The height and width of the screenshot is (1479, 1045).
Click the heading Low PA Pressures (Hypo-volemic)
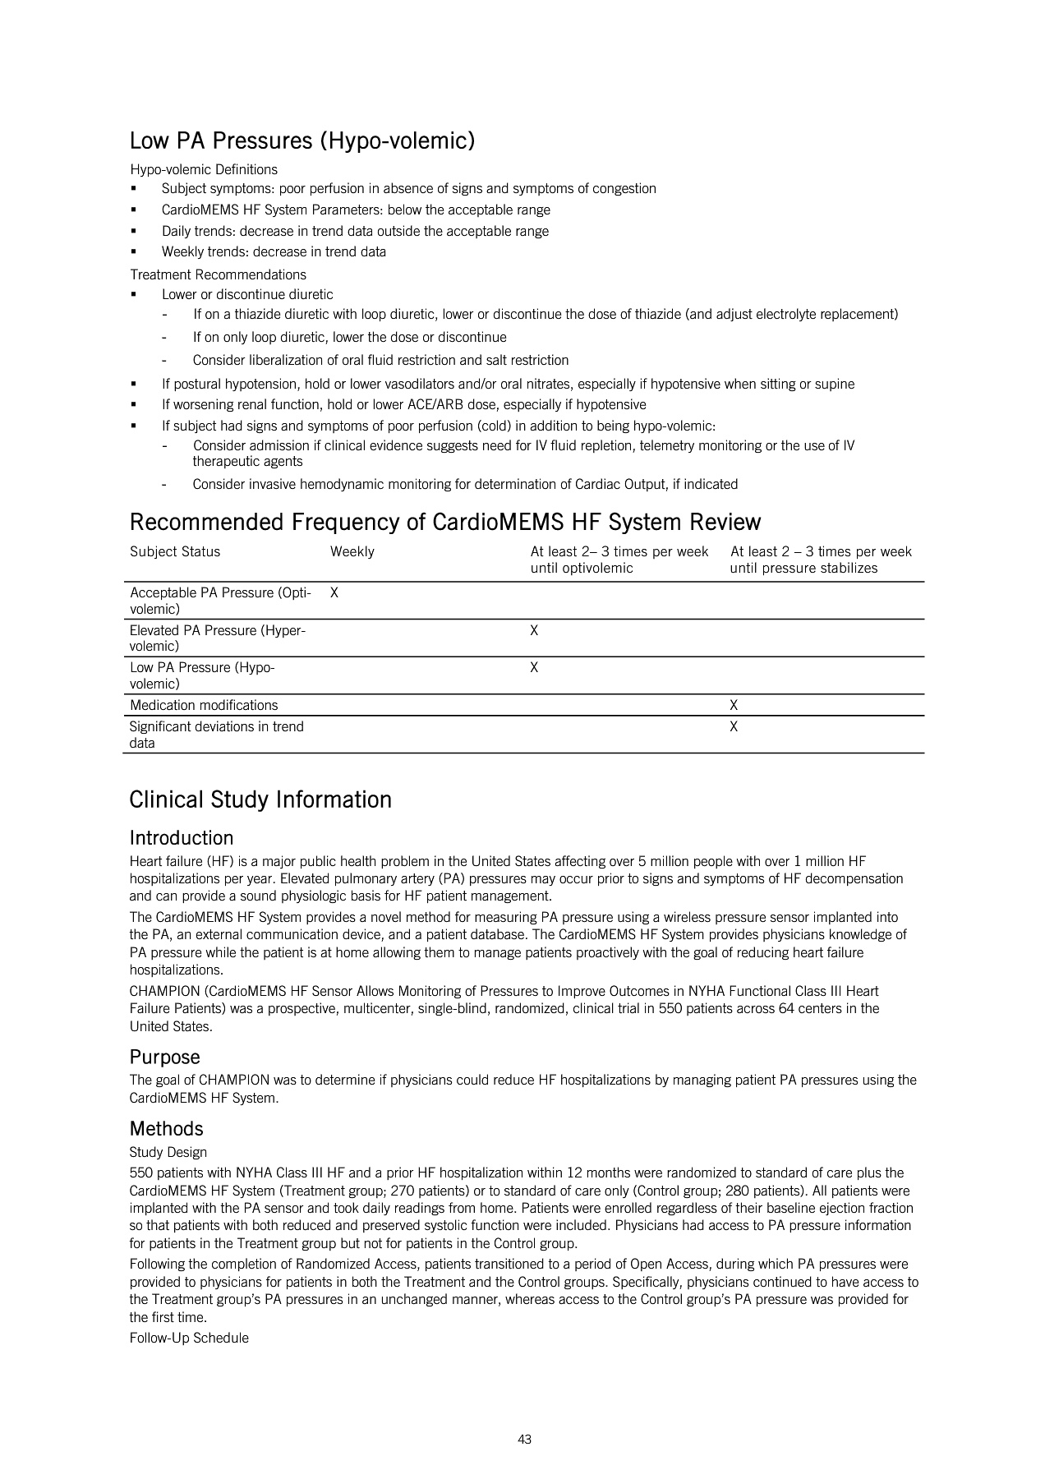coord(302,141)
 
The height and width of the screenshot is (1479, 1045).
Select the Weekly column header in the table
coord(352,552)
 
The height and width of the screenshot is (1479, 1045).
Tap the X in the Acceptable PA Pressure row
coord(334,592)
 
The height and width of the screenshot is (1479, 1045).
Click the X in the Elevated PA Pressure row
coord(534,630)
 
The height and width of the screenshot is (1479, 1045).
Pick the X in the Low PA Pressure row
coord(534,667)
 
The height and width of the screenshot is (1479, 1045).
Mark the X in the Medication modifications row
coord(734,705)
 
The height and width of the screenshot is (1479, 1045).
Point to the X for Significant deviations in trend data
coord(734,726)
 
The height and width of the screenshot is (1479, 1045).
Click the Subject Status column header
coord(175,552)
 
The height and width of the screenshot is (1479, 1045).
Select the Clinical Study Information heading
coord(260,800)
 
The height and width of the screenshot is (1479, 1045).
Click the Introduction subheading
coord(182,838)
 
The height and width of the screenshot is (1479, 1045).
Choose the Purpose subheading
coord(164,1057)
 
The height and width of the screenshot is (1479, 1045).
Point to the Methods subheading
coord(166,1129)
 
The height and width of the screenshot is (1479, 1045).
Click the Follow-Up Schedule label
coord(189,1338)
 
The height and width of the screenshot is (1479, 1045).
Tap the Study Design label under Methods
coord(168,1153)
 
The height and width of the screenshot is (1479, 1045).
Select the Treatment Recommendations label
coord(218,274)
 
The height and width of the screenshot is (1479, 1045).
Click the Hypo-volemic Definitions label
coord(204,170)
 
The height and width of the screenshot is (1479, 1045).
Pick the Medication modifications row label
coord(204,705)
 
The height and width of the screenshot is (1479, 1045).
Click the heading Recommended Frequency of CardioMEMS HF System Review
coord(445,523)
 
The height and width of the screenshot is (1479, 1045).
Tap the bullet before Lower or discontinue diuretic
coord(133,294)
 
